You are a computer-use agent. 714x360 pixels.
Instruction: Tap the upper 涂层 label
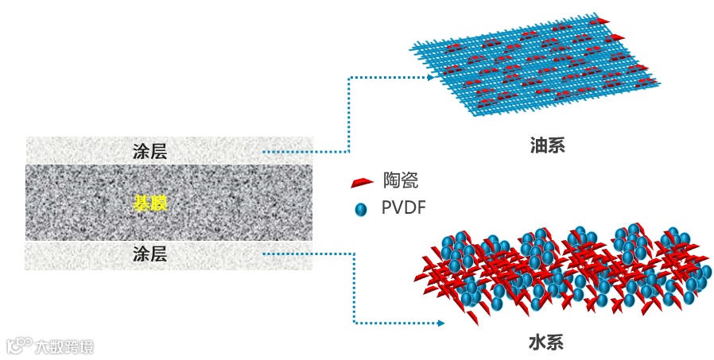coord(149,150)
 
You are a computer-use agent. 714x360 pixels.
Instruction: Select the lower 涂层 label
coord(149,254)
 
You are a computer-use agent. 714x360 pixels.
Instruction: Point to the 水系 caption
coord(546,343)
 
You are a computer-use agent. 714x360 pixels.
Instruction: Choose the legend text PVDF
coord(404,209)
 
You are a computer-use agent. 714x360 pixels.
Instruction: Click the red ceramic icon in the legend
coord(361,182)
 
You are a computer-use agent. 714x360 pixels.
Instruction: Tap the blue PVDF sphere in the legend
coord(361,210)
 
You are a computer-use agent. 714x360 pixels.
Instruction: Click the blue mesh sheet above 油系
coord(541,72)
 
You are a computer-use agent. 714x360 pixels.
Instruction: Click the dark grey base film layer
coord(80,203)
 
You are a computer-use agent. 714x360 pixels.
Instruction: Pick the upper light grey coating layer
coord(80,150)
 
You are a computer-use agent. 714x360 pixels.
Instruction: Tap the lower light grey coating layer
coord(80,254)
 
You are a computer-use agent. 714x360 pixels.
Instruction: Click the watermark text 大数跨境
coord(64,347)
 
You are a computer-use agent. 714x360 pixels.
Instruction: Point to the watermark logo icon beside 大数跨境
coord(19,346)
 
